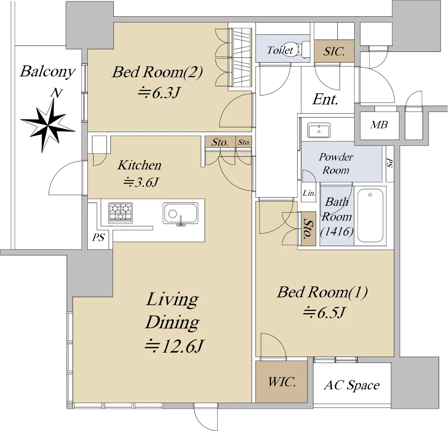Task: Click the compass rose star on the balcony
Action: click(48, 125)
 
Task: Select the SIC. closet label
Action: click(334, 51)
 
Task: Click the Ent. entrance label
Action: click(325, 99)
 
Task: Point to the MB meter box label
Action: click(379, 125)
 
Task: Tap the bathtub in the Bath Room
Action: click(370, 215)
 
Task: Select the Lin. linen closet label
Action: click(309, 193)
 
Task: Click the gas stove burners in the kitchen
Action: click(121, 213)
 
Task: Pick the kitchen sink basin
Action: click(180, 213)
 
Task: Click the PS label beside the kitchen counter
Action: click(99, 237)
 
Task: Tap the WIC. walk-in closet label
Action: click(282, 382)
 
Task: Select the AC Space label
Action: click(352, 385)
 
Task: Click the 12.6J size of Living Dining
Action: click(174, 346)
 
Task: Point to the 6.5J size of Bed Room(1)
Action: click(324, 312)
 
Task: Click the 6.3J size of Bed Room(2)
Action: click(158, 93)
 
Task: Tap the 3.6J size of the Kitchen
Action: click(141, 182)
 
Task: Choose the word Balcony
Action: click(48, 72)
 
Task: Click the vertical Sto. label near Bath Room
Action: click(308, 228)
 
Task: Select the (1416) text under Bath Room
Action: click(337, 231)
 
